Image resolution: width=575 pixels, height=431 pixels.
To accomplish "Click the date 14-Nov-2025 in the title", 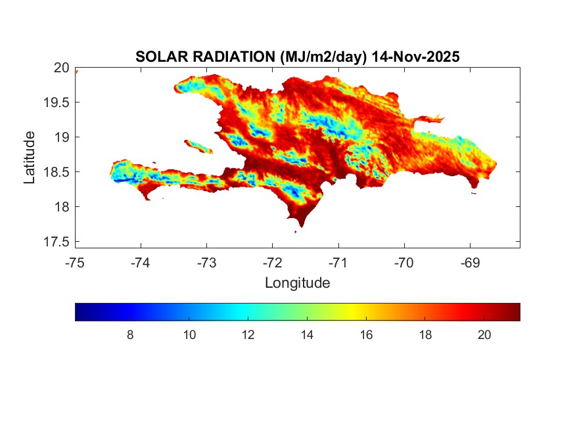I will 415,57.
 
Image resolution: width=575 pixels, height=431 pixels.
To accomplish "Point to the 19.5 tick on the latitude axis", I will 57,102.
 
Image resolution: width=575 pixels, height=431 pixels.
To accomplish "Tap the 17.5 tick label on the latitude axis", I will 57,242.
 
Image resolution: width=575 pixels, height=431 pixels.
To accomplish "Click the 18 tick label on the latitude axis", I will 62,207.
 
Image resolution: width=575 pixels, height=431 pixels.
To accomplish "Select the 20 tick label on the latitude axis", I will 62,68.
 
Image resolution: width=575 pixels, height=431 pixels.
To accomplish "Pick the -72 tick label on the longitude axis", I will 272,263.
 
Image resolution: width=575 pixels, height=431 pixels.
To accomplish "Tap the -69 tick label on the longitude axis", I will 469,263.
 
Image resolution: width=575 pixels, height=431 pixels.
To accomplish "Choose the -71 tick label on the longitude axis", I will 338,263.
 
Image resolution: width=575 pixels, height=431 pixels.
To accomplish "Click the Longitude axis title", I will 297,283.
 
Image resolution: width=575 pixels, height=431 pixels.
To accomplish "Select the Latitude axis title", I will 30,157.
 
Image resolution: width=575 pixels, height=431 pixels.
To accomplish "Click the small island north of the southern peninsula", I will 198,146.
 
